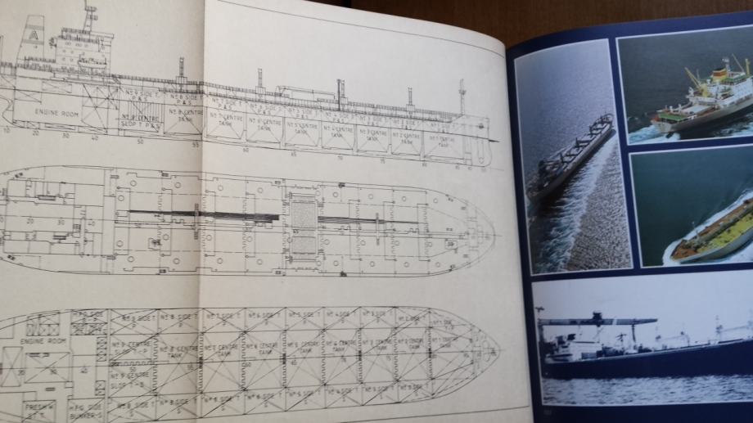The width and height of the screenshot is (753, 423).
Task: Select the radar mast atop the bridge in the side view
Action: click(88, 14)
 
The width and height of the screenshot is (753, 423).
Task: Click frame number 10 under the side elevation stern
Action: click(7, 129)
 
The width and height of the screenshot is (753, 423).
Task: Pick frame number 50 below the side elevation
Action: click(140, 141)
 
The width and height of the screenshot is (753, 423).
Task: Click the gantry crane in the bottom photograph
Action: click(606, 322)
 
